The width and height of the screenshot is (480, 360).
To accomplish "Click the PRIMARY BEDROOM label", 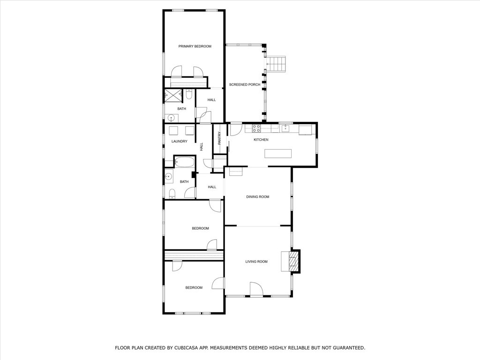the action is [x=195, y=46].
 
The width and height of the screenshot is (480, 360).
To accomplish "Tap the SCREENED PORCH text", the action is [x=245, y=84].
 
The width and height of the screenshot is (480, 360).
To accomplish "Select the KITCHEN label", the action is [x=261, y=140].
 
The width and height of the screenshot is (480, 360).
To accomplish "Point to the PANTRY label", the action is [x=219, y=138].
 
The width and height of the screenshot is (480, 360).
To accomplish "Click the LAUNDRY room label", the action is [x=180, y=142].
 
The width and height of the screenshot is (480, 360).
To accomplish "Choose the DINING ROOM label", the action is [x=258, y=197].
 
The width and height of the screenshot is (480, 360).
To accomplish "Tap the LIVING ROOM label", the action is [x=256, y=262].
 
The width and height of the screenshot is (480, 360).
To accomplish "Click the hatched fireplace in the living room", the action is [x=294, y=261].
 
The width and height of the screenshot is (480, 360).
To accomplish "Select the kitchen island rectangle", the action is [x=278, y=153].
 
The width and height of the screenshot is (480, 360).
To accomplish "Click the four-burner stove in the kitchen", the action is [x=256, y=128].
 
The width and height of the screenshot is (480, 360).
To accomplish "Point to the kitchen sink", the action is [x=286, y=128].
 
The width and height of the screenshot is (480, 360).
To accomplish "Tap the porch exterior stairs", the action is [x=276, y=64].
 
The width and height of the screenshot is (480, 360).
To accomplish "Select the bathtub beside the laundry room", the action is [x=185, y=162].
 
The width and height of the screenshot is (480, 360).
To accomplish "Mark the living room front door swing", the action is [x=256, y=289].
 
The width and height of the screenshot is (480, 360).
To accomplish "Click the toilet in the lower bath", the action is [x=172, y=194].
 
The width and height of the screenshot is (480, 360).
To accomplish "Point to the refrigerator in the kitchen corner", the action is [x=305, y=130].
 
